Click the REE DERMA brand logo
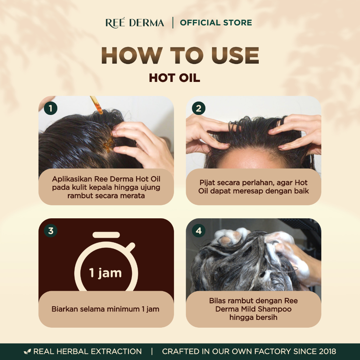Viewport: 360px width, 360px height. point(135,23)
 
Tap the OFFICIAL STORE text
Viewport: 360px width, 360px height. point(216,23)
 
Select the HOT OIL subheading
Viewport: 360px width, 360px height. point(174,78)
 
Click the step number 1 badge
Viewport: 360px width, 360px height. point(51,108)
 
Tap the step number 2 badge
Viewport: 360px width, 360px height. point(199,108)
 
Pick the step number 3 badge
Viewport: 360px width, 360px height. point(51,231)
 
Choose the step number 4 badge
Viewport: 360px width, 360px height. point(199,231)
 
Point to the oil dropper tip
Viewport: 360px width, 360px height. point(101,112)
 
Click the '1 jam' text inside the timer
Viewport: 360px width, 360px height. point(105,273)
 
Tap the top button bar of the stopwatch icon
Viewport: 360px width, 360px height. point(106,235)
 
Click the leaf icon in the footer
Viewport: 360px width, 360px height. point(27,352)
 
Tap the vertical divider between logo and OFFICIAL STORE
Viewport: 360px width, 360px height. point(173,23)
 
